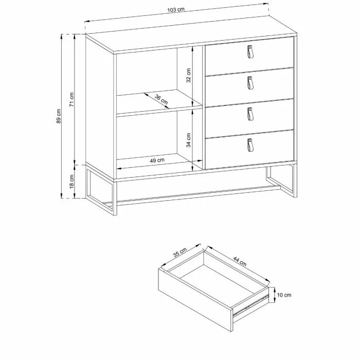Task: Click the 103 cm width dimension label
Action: (176, 10)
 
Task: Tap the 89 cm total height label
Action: (59, 116)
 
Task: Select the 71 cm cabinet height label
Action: (71, 99)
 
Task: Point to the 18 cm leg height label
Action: (71, 182)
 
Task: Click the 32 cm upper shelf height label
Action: (189, 75)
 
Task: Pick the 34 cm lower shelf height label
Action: (189, 140)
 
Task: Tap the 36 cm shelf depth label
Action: (161, 99)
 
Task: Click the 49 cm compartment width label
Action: (157, 160)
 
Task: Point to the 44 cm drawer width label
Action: (240, 261)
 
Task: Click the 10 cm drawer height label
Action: (284, 295)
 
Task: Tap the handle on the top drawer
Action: (250, 51)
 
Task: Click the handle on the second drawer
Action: (250, 83)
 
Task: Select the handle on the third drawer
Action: (250, 114)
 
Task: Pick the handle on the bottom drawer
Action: (250, 145)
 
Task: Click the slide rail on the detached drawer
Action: (251, 305)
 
